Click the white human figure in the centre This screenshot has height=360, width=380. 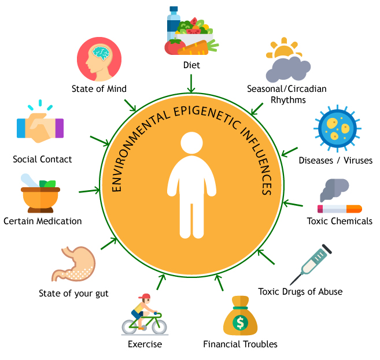(190, 185)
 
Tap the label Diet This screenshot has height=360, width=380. (191, 65)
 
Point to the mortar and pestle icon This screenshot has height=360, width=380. (40, 195)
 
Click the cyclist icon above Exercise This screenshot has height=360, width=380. (142, 316)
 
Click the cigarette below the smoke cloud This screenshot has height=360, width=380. (340, 209)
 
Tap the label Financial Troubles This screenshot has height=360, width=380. (240, 344)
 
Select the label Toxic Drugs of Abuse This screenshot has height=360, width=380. (300, 291)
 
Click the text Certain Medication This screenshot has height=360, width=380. (42, 221)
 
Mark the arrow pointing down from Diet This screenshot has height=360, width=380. (190, 84)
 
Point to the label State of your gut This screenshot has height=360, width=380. (73, 292)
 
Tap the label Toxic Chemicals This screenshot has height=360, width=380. (340, 221)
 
